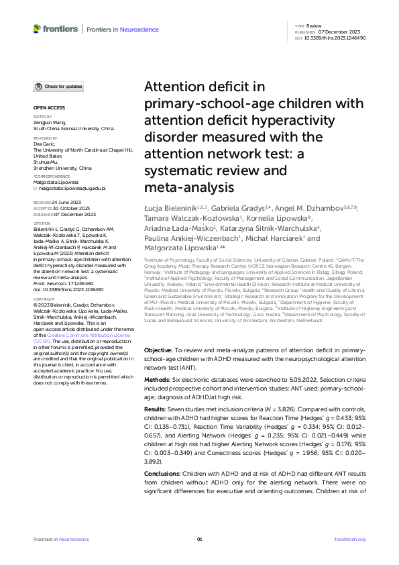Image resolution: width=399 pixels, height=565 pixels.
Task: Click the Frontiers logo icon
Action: tap(37, 29)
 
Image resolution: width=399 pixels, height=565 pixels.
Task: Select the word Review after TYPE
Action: tap(314, 25)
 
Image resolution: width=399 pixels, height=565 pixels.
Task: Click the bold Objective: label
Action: tap(158, 350)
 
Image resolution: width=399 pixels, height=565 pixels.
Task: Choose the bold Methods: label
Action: tap(158, 380)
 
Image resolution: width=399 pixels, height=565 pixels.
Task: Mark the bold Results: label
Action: tap(157, 409)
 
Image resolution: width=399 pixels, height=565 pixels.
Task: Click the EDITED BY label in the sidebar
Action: tap(42, 117)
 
